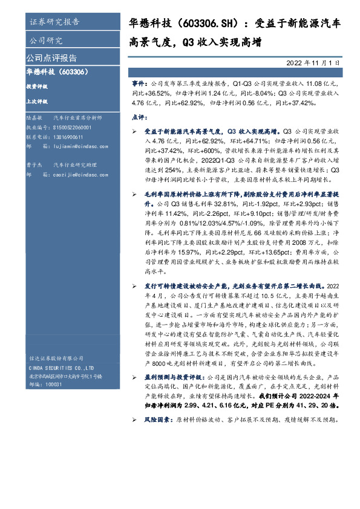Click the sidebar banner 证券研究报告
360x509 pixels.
(x=54, y=22)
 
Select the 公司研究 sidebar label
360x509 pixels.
(x=46, y=41)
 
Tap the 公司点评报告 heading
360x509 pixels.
(x=51, y=58)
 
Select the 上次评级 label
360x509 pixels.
(x=37, y=102)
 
